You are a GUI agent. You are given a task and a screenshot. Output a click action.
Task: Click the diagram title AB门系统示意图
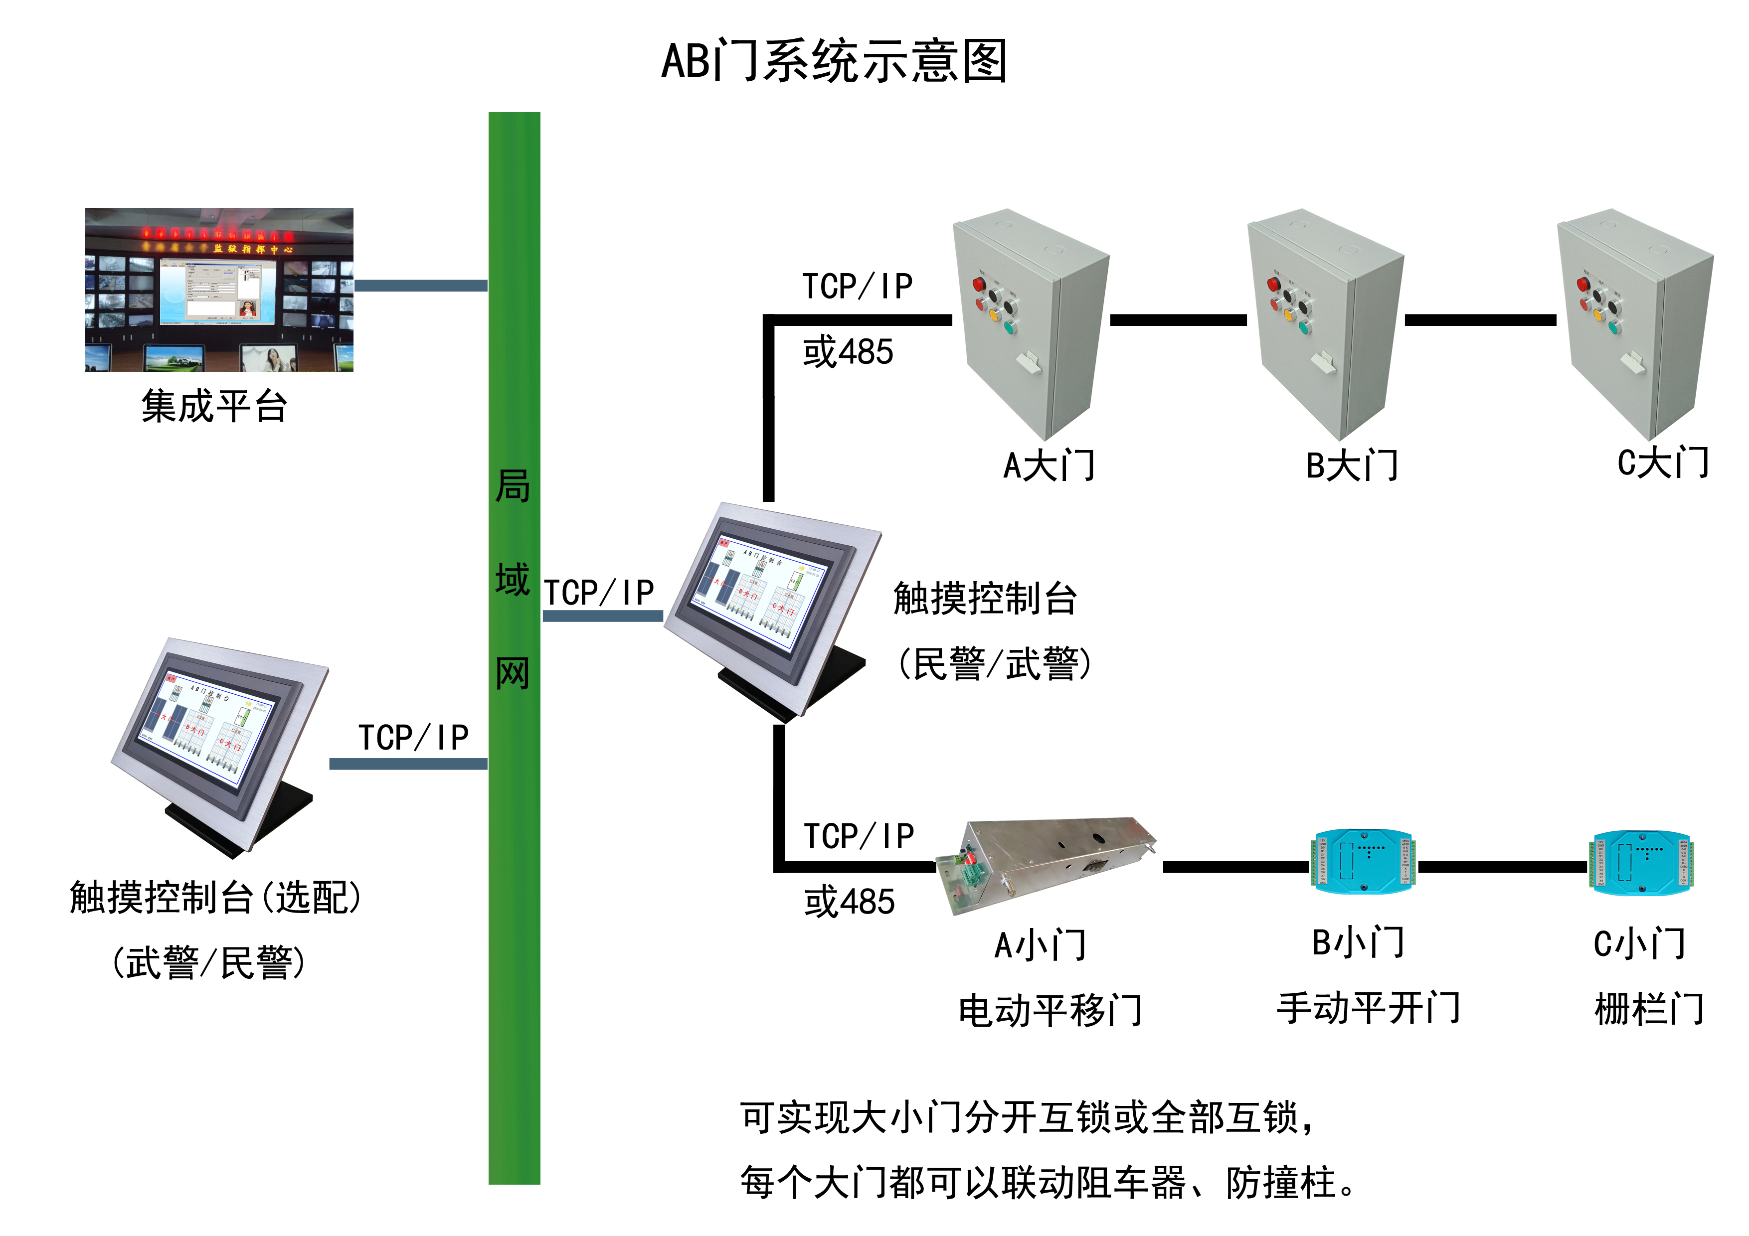pos(834,61)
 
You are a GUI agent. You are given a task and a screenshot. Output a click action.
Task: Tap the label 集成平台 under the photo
pos(214,406)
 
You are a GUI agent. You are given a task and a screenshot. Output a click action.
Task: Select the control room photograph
pos(218,290)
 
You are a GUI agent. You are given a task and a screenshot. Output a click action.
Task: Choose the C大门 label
pos(1663,463)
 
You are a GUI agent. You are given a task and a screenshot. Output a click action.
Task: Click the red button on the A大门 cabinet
pos(979,285)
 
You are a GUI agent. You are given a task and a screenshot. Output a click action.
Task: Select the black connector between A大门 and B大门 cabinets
pos(1178,320)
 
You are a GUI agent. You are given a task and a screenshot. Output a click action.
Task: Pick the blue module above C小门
pos(1640,863)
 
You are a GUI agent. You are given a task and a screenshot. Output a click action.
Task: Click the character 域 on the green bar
pos(513,580)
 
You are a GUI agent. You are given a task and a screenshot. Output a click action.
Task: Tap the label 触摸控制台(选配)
pos(215,897)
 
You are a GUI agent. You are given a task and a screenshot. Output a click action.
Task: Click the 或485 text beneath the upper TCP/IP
pos(848,352)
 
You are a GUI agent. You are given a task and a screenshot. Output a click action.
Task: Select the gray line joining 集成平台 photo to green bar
pos(420,286)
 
